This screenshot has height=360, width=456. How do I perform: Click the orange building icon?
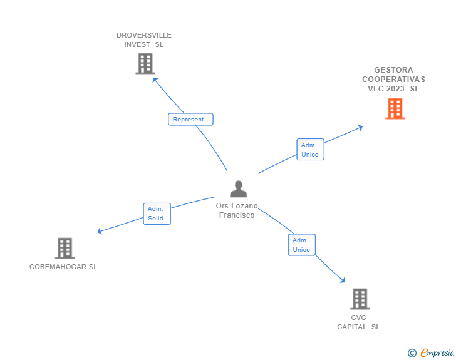coord(395,109)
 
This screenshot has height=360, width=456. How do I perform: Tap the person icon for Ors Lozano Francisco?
coord(238,188)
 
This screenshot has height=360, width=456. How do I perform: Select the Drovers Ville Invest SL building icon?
coord(145,63)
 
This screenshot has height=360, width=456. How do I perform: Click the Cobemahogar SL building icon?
coord(65,248)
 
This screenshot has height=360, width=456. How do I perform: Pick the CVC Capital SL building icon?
coord(360,299)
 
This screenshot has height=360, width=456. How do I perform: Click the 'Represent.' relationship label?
coord(190,119)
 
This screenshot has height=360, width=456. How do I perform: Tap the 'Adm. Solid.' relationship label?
coord(157,213)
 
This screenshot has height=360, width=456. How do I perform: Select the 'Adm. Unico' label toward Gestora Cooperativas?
coord(310,150)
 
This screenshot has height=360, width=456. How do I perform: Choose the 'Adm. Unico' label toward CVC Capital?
coord(301,245)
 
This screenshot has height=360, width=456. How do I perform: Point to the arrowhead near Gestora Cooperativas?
coord(360,127)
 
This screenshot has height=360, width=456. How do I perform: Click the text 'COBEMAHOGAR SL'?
coord(63,267)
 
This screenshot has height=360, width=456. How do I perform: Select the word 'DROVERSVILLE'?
coord(144,35)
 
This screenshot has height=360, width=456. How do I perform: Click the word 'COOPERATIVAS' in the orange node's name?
coord(393,80)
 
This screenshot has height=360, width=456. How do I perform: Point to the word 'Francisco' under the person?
coord(237,215)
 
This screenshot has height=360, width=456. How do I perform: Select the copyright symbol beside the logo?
coord(412,353)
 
